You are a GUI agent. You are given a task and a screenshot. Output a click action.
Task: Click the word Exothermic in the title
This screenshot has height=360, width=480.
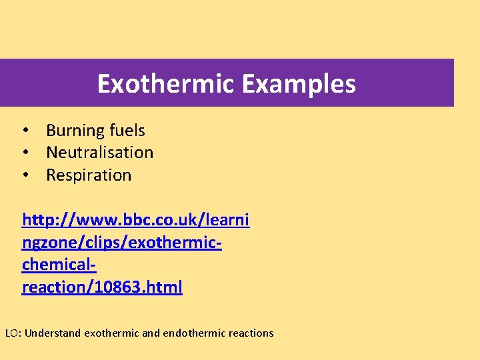coord(166,84)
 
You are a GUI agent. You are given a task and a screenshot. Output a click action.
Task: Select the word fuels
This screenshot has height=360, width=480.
coord(127,131)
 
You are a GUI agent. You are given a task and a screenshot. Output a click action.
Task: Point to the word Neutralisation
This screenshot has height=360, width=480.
coord(99,153)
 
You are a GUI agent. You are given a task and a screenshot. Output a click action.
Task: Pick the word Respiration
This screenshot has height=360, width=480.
coord(89,175)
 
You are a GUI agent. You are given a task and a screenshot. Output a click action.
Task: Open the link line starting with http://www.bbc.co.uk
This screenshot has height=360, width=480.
coord(135,220)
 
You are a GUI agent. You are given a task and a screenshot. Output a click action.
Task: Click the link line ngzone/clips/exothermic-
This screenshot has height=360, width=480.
coord(122,243)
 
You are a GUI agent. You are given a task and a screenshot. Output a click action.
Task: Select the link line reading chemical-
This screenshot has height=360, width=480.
coord(59,265)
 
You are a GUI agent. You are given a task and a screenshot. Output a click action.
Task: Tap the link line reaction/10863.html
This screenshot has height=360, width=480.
coord(102,287)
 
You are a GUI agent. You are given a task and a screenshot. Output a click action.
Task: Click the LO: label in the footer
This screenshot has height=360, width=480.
coord(13,333)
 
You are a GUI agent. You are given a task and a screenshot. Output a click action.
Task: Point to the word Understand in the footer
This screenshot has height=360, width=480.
coord(53,333)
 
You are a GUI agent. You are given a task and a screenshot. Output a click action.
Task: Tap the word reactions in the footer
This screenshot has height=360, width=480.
coord(251,333)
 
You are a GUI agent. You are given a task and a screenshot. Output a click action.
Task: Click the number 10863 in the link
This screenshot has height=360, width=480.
coord(113,287)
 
